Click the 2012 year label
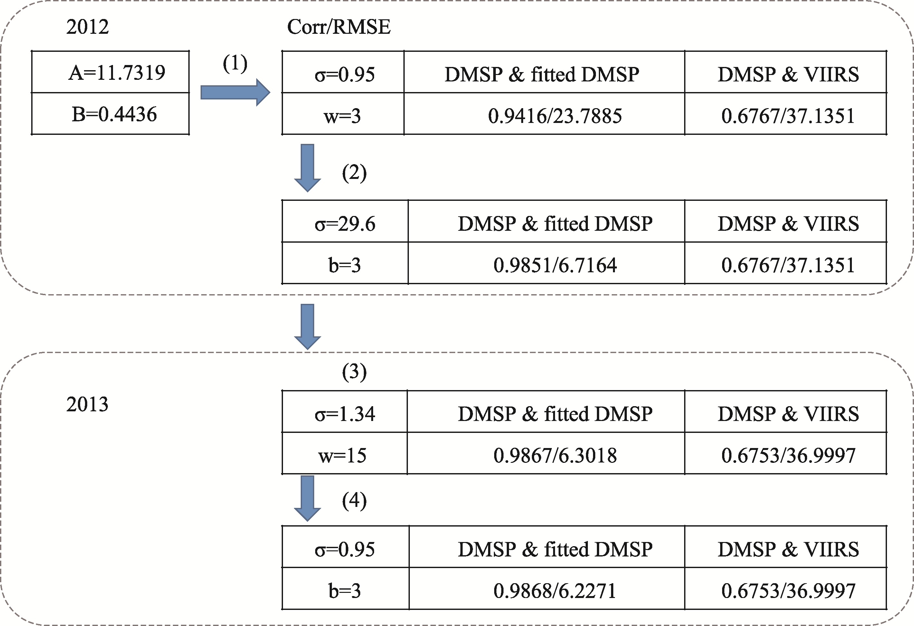coord(87,27)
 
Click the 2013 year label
coord(87,405)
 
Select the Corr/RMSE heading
coord(339,27)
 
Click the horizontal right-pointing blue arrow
coord(235,92)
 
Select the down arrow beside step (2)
coord(307,168)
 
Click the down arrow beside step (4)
coord(307,499)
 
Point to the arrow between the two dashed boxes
coord(307,327)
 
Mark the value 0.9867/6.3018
coord(555,456)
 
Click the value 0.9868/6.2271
coord(555,591)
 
